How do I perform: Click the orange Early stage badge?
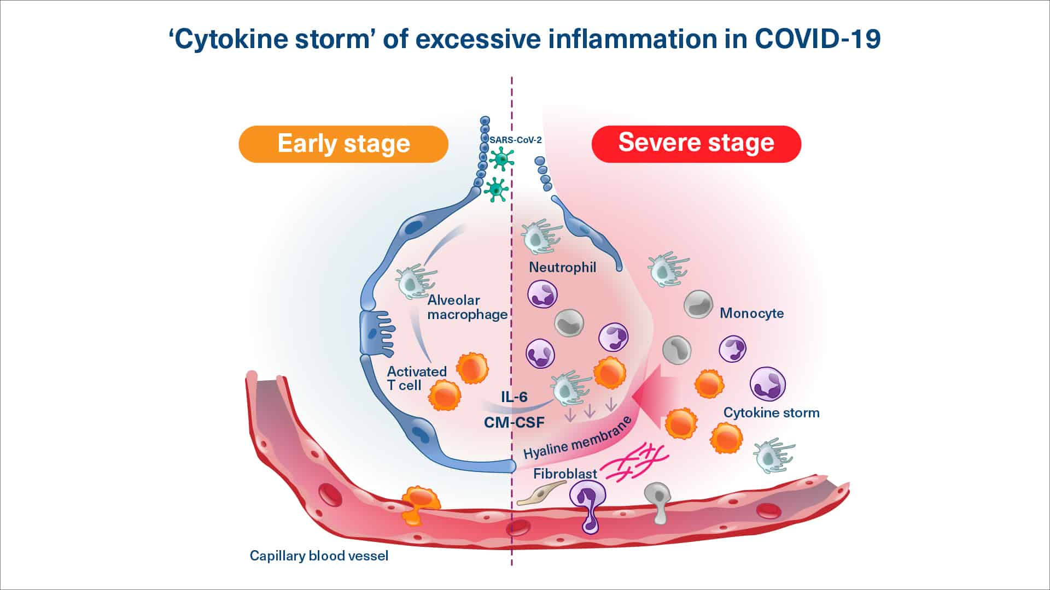(343, 144)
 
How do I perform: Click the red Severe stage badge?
(696, 144)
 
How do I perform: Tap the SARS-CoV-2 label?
(515, 140)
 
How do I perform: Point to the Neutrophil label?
(562, 268)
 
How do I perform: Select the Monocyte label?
(751, 314)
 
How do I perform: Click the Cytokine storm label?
(771, 413)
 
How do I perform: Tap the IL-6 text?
(514, 397)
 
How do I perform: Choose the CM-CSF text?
(514, 422)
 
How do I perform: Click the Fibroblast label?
(565, 474)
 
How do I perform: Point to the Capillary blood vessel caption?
(319, 556)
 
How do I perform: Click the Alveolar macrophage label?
(467, 308)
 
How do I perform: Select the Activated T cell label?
(416, 379)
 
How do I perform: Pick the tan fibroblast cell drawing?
(541, 493)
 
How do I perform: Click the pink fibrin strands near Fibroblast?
(634, 463)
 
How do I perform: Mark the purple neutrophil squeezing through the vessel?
(588, 505)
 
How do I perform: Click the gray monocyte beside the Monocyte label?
(698, 305)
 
